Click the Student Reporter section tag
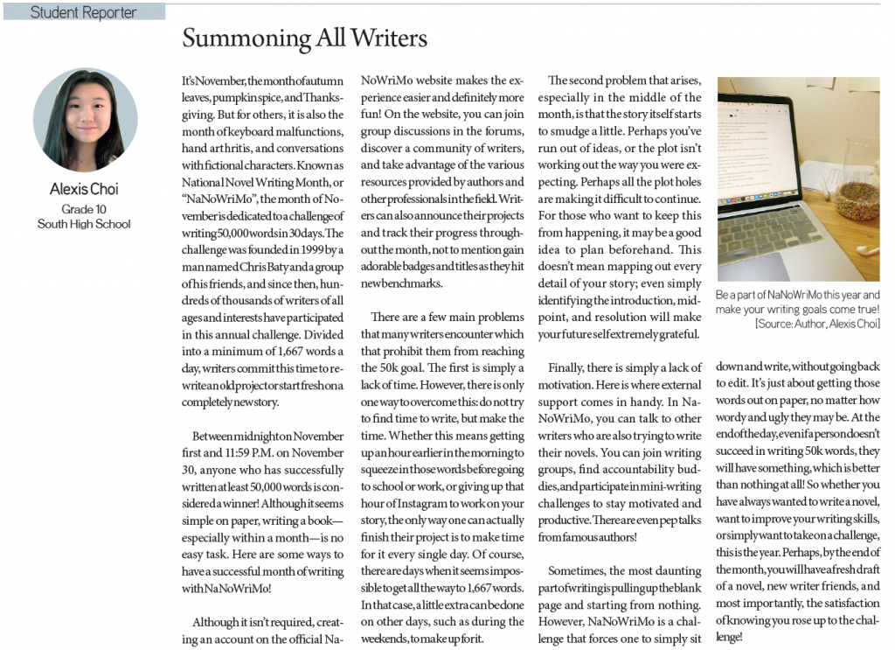[x=83, y=12]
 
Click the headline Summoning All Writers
[x=304, y=38]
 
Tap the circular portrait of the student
[x=85, y=120]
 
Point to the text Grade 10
[x=84, y=210]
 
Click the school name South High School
[x=84, y=224]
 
